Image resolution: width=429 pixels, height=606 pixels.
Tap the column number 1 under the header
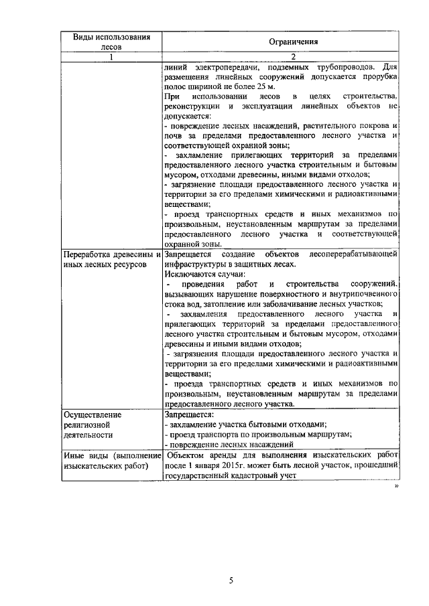coord(111,56)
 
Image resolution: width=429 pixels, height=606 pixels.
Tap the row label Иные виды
coord(84,455)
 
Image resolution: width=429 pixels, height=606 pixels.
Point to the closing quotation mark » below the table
coord(396,487)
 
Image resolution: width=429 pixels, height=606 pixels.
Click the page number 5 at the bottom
coord(230,581)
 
